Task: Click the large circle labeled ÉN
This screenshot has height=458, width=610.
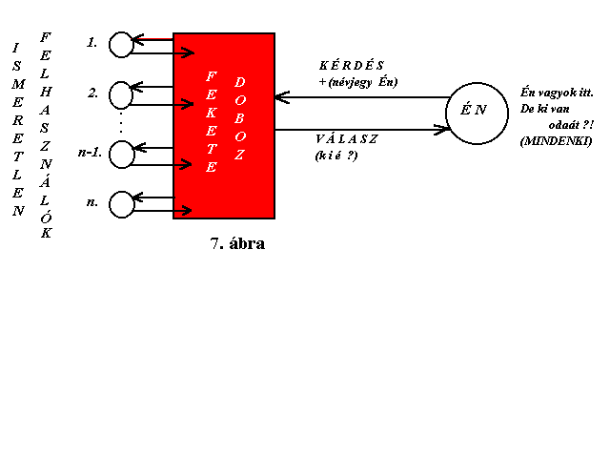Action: [x=477, y=83]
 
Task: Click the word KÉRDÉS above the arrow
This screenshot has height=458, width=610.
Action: [x=352, y=65]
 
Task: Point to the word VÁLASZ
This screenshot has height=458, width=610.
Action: [x=346, y=138]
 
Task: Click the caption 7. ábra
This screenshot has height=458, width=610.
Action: [x=237, y=243]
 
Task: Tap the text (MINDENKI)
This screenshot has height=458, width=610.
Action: [x=556, y=141]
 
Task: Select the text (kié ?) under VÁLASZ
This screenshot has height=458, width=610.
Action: [x=336, y=156]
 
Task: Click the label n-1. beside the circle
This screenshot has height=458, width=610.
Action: [x=90, y=153]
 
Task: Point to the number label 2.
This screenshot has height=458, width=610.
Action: [x=92, y=94]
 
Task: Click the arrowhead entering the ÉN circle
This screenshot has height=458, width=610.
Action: [x=442, y=130]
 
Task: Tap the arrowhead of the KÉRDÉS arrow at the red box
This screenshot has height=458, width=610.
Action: [x=282, y=97]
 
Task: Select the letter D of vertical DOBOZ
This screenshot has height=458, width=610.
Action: [x=239, y=82]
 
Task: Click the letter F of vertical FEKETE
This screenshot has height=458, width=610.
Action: [x=211, y=76]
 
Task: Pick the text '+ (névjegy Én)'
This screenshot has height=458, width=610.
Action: [x=358, y=82]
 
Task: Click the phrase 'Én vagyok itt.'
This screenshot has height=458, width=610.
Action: [x=557, y=93]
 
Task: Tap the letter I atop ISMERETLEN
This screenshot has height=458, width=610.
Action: [x=15, y=48]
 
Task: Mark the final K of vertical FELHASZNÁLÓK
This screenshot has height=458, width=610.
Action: [x=47, y=233]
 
